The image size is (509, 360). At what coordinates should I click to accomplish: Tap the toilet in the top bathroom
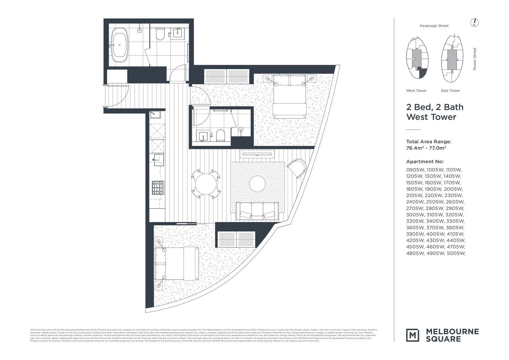click(160, 34)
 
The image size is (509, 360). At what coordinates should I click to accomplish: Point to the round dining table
click(206, 184)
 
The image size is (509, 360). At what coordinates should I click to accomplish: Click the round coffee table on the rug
click(257, 184)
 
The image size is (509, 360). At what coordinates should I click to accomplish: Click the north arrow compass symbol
click(474, 23)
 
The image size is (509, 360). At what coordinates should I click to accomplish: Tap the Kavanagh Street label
click(434, 26)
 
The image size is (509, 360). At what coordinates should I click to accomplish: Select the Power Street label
click(475, 59)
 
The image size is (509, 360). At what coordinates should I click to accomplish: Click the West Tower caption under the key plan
click(416, 91)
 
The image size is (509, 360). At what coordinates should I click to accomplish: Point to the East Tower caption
click(450, 91)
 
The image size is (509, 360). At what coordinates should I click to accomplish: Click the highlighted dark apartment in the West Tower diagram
click(423, 73)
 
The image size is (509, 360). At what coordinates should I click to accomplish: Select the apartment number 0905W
click(415, 170)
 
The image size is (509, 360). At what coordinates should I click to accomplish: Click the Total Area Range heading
click(429, 142)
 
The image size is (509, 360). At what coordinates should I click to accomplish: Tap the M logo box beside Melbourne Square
click(413, 335)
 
